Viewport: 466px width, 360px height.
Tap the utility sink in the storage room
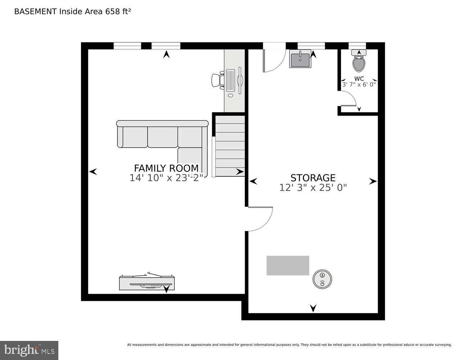click(300, 59)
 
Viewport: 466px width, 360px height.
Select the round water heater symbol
click(322, 279)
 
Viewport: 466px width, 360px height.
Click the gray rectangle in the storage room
click(288, 265)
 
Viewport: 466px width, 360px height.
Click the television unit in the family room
click(147, 283)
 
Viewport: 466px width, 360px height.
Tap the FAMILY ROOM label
click(166, 168)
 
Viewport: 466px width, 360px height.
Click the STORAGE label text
click(313, 178)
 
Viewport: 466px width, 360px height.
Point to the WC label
click(359, 78)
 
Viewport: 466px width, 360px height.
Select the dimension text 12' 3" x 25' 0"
click(313, 188)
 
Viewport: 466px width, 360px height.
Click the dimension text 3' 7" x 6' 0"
click(359, 85)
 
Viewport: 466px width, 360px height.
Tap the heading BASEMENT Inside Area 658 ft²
click(72, 12)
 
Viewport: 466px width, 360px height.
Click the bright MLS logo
click(29, 350)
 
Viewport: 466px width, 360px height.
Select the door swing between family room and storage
click(260, 219)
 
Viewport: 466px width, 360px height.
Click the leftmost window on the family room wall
click(127, 46)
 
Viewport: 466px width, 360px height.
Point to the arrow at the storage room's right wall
click(373, 181)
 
